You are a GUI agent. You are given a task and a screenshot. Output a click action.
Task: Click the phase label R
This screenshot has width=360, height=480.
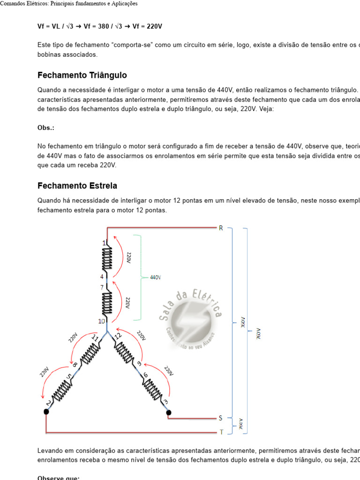pos(221,228)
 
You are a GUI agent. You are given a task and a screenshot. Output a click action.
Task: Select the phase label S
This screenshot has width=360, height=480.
pos(221,418)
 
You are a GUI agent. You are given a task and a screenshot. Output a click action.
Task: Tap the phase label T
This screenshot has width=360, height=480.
pos(221,431)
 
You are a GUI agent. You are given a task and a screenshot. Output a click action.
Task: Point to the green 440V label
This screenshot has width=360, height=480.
pos(155,277)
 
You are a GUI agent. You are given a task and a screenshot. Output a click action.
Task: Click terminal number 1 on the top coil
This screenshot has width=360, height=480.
pos(104,243)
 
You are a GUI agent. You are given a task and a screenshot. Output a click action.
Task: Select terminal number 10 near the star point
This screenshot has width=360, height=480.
pos(101,321)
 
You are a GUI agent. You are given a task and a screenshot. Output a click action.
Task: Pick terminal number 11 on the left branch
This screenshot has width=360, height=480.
pos(95,338)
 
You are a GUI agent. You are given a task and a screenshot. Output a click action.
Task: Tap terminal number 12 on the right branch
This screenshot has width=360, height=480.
pos(118,337)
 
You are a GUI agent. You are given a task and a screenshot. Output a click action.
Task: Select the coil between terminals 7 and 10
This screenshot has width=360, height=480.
pos(107,303)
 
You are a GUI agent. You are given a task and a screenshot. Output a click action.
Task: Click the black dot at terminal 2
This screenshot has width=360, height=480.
pos(46,412)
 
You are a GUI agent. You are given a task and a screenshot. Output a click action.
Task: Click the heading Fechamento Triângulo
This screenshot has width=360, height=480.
pos(82,75)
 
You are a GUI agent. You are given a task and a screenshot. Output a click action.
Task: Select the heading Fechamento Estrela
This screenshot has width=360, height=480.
pos(77,186)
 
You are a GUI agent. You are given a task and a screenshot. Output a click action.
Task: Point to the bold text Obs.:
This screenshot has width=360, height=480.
pos(46,128)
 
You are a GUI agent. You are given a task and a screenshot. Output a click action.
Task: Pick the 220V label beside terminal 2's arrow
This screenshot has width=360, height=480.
pos(44,371)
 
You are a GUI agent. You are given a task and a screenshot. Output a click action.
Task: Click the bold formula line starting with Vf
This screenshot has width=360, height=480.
pos(99,27)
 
